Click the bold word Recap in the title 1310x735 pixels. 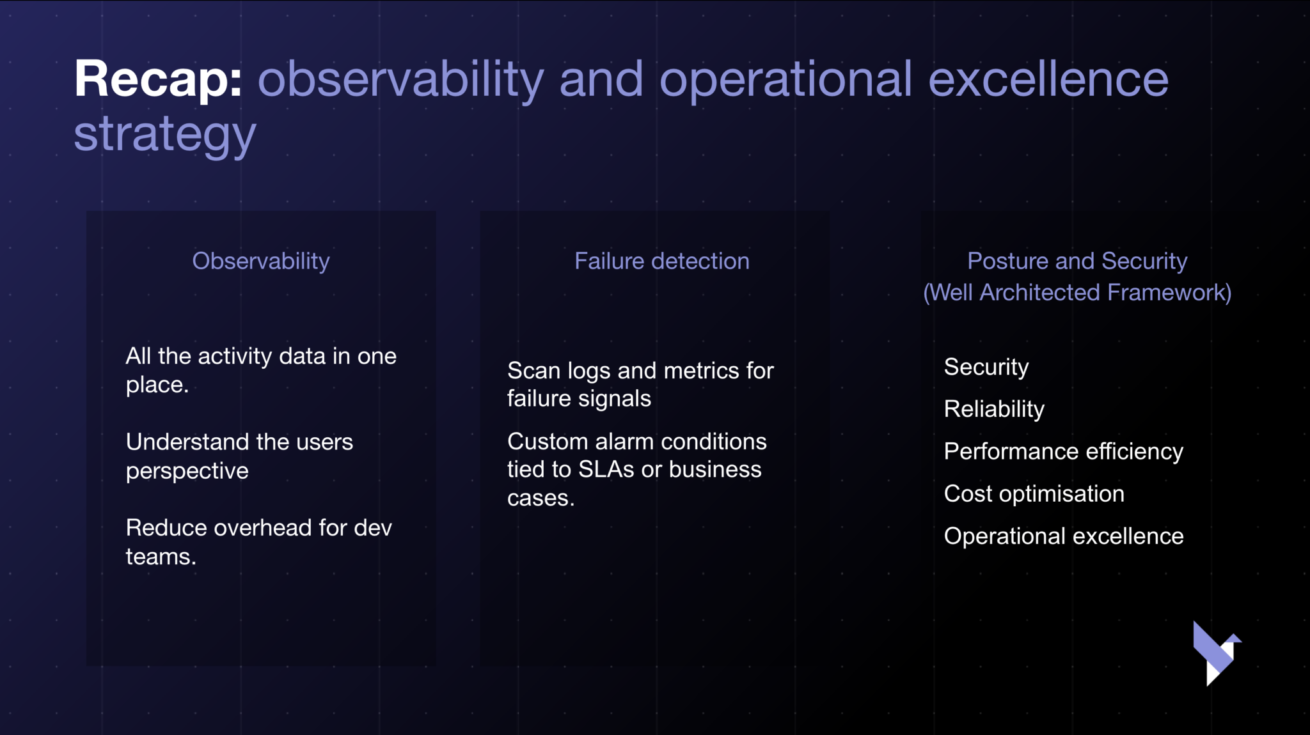tap(158, 80)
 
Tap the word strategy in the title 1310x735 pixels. tap(165, 135)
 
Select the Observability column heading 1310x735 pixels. tap(261, 261)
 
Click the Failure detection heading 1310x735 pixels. tap(662, 261)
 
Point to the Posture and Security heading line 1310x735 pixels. tap(1077, 261)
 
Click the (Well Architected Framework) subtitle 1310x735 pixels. tap(1077, 292)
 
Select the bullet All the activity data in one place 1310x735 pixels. tap(261, 370)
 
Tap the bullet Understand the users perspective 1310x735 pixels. tap(239, 456)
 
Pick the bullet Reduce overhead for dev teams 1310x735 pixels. tap(258, 542)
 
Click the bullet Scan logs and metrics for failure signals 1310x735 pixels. tap(640, 384)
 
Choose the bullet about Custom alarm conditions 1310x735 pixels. tap(636, 469)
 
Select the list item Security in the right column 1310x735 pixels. tap(986, 367)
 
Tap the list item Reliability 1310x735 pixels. tap(994, 409)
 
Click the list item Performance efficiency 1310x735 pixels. tap(1064, 452)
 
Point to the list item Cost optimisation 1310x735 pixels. tap(1034, 494)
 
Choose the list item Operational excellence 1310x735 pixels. tap(1064, 536)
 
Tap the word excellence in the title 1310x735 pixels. tap(1048, 80)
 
